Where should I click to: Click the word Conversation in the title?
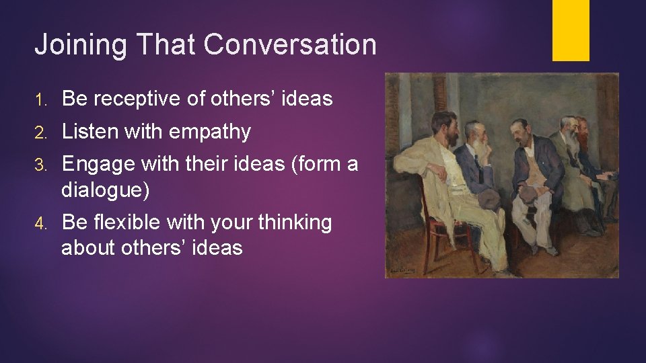[x=289, y=45]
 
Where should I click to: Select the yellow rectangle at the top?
[x=571, y=30]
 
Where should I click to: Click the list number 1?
[x=40, y=99]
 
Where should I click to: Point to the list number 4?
[x=40, y=223]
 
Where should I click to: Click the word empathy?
[x=209, y=132]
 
